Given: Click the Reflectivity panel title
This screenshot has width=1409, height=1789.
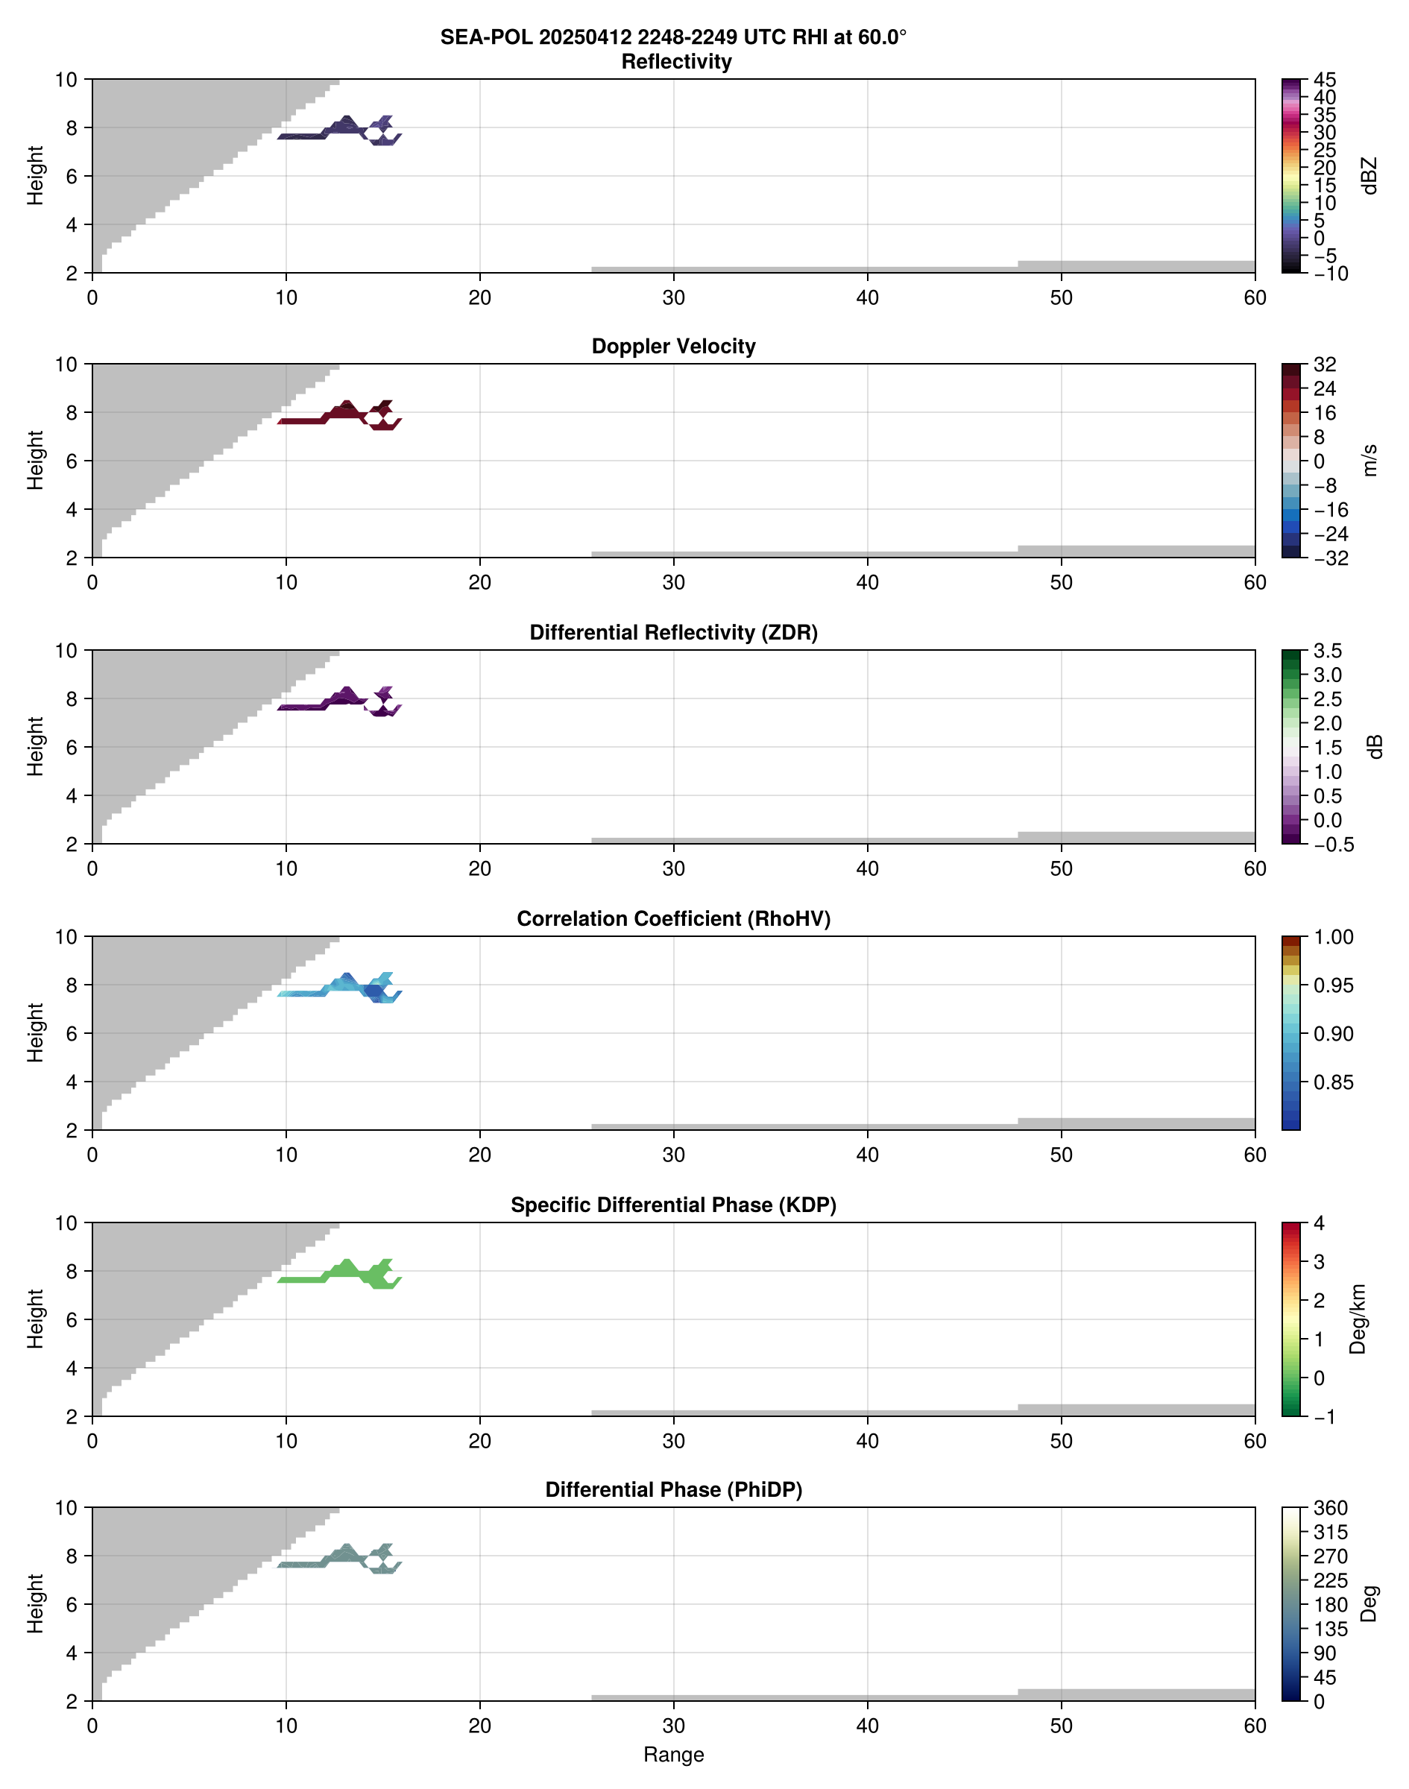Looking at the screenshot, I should coord(676,62).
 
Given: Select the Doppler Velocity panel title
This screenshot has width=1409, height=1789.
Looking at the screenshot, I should coord(673,347).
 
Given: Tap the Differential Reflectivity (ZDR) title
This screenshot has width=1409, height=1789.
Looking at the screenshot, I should coord(673,633).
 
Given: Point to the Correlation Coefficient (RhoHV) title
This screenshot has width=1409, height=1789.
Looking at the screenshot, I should coord(673,919).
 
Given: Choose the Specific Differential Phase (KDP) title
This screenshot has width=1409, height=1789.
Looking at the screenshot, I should coord(673,1205).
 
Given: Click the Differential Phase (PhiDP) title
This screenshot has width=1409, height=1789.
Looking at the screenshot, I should coord(673,1489).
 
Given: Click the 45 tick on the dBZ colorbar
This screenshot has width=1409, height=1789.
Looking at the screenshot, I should coord(1324,80).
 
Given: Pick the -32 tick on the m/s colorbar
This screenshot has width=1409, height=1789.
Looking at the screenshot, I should coord(1330,558).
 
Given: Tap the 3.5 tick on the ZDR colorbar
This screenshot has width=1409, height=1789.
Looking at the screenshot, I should coord(1327,651).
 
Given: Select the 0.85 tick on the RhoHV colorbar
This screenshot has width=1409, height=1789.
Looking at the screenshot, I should coord(1332,1082).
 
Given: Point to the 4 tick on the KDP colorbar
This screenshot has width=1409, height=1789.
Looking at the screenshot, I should coord(1318,1223).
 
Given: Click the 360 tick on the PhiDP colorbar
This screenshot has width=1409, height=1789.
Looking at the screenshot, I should coord(1330,1508).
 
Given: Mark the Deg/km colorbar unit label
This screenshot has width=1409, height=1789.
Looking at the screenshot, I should coord(1357,1319).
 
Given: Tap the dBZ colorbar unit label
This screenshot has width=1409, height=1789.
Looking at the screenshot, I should coord(1369,176).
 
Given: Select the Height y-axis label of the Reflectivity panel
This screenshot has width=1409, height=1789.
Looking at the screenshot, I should coord(34,176).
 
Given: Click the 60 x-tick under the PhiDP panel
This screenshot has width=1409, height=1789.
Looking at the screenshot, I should coord(1255,1726).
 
